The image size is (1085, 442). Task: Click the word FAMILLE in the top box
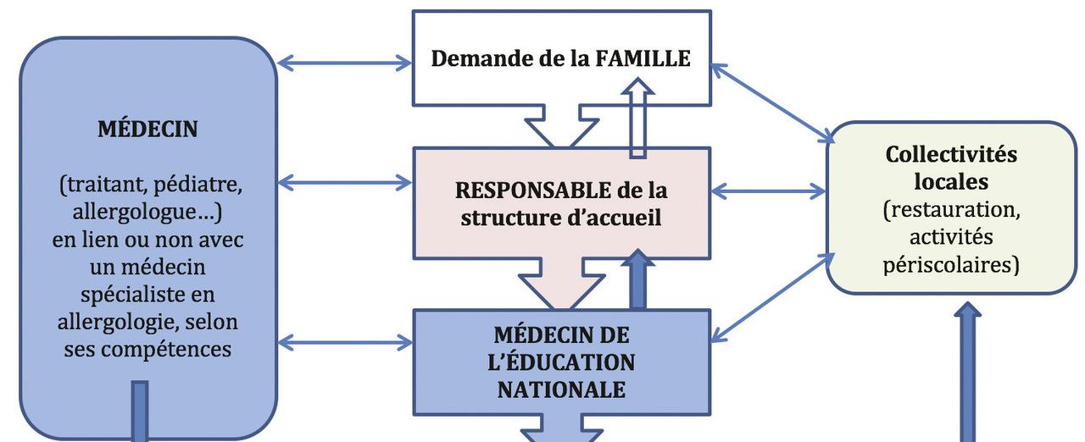pos(643,58)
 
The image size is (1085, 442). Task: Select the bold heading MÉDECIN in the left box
pos(148,129)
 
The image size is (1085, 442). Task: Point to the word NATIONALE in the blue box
pos(561,390)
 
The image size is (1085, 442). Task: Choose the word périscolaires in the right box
pos(951,264)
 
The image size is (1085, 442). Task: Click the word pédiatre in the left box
pos(205,183)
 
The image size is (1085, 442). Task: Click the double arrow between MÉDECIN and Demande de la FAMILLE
pos(344,63)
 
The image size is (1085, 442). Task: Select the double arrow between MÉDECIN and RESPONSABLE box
pos(344,181)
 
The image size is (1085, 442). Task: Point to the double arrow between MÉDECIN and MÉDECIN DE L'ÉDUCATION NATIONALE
pos(344,342)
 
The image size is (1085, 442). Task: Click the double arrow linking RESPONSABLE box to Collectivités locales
pos(768,191)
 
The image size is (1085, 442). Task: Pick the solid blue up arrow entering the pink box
pos(637,279)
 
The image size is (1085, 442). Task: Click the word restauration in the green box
pos(951,209)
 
